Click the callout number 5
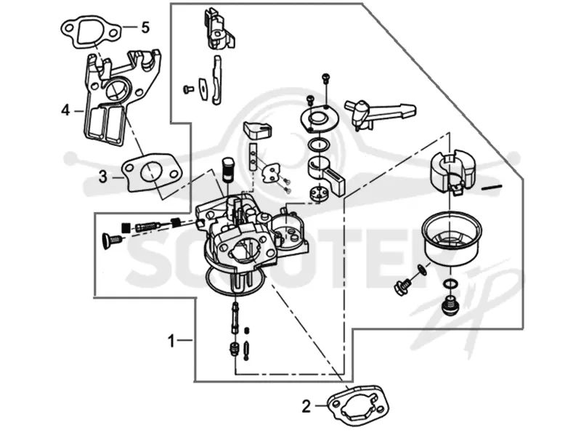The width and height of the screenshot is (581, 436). click(x=145, y=27)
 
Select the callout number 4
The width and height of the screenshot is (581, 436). click(x=65, y=110)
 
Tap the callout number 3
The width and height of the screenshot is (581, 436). click(x=103, y=177)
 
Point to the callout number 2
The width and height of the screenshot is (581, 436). click(x=306, y=407)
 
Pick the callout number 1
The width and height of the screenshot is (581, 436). click(x=171, y=341)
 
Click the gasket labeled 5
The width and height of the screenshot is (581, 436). click(x=91, y=31)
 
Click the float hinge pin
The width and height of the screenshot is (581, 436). click(x=492, y=187)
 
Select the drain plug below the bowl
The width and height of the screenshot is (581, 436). click(x=450, y=304)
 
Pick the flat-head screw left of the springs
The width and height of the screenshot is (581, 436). click(x=111, y=240)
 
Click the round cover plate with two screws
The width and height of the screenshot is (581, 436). click(x=318, y=118)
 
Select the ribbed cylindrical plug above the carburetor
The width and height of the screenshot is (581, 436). click(x=227, y=169)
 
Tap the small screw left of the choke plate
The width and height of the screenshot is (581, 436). click(x=188, y=89)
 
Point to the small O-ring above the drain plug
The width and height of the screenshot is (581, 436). click(x=449, y=284)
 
